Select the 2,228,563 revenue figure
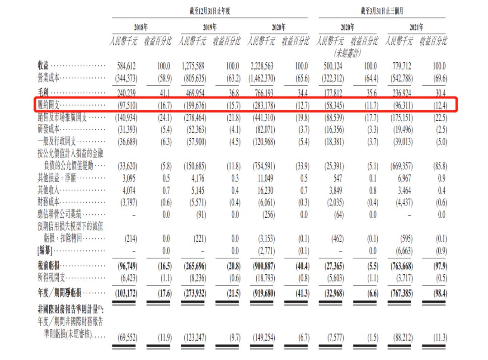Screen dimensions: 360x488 pyautogui.click(x=261, y=66)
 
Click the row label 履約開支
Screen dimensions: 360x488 pyautogui.click(x=49, y=106)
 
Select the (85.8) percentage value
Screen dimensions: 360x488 pyautogui.click(x=436, y=166)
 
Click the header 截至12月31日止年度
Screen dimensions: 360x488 pyautogui.click(x=207, y=10)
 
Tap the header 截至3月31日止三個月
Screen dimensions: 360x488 pyautogui.click(x=382, y=10)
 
